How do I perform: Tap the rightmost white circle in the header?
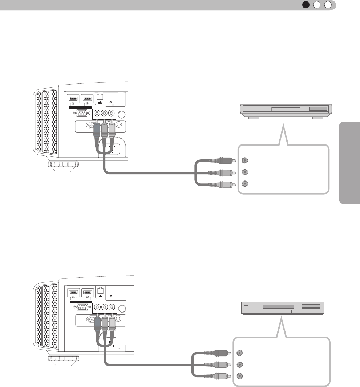tap(328, 5)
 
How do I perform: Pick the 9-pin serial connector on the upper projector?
tap(80, 113)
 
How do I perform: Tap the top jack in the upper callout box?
tap(245, 160)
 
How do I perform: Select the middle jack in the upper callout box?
tap(245, 172)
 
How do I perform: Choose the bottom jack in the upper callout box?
tap(245, 184)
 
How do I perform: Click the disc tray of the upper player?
tap(286, 108)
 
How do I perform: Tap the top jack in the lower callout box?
tap(239, 353)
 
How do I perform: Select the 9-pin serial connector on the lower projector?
tap(80, 306)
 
